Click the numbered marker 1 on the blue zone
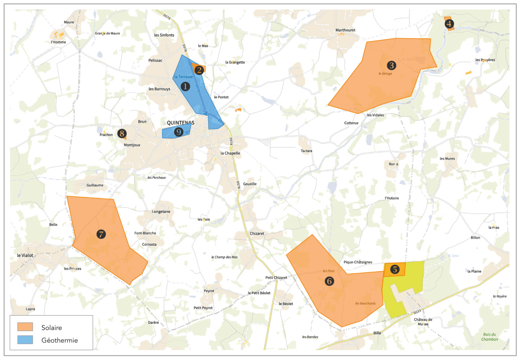pyautogui.click(x=185, y=86)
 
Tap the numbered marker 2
pyautogui.click(x=199, y=70)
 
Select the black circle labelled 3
pyautogui.click(x=391, y=65)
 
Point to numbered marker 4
pyautogui.click(x=449, y=24)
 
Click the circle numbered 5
pyautogui.click(x=395, y=269)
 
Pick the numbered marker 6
pyautogui.click(x=329, y=281)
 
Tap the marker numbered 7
pyautogui.click(x=101, y=234)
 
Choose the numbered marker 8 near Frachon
pyautogui.click(x=122, y=133)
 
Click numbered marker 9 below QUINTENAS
pyautogui.click(x=179, y=132)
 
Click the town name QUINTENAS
pyautogui.click(x=181, y=123)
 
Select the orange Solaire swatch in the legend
pyautogui.click(x=25, y=327)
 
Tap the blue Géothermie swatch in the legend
pyautogui.click(x=25, y=340)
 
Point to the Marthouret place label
pyautogui.click(x=345, y=30)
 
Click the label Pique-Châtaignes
pyautogui.click(x=358, y=262)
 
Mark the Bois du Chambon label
pyautogui.click(x=489, y=337)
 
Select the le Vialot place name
pyautogui.click(x=25, y=255)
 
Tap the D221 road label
pyautogui.click(x=417, y=312)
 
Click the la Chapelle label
pyautogui.click(x=230, y=153)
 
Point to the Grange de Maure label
pyautogui.click(x=107, y=33)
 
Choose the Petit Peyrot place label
pyautogui.click(x=203, y=308)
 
